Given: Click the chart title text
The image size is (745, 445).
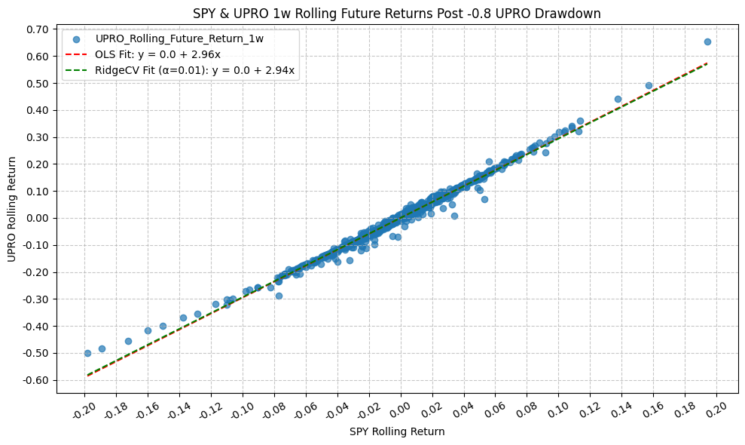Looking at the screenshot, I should point(397,13).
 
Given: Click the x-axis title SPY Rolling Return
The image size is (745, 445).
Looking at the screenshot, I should point(397,431).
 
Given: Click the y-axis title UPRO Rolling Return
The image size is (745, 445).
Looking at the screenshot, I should point(11,209).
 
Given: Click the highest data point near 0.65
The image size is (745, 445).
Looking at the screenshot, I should point(707,42).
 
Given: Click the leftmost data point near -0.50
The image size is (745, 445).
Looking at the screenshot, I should point(87,353).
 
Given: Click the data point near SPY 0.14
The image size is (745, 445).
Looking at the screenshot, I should point(618,99).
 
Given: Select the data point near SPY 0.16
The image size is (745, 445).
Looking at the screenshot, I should point(649,86).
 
